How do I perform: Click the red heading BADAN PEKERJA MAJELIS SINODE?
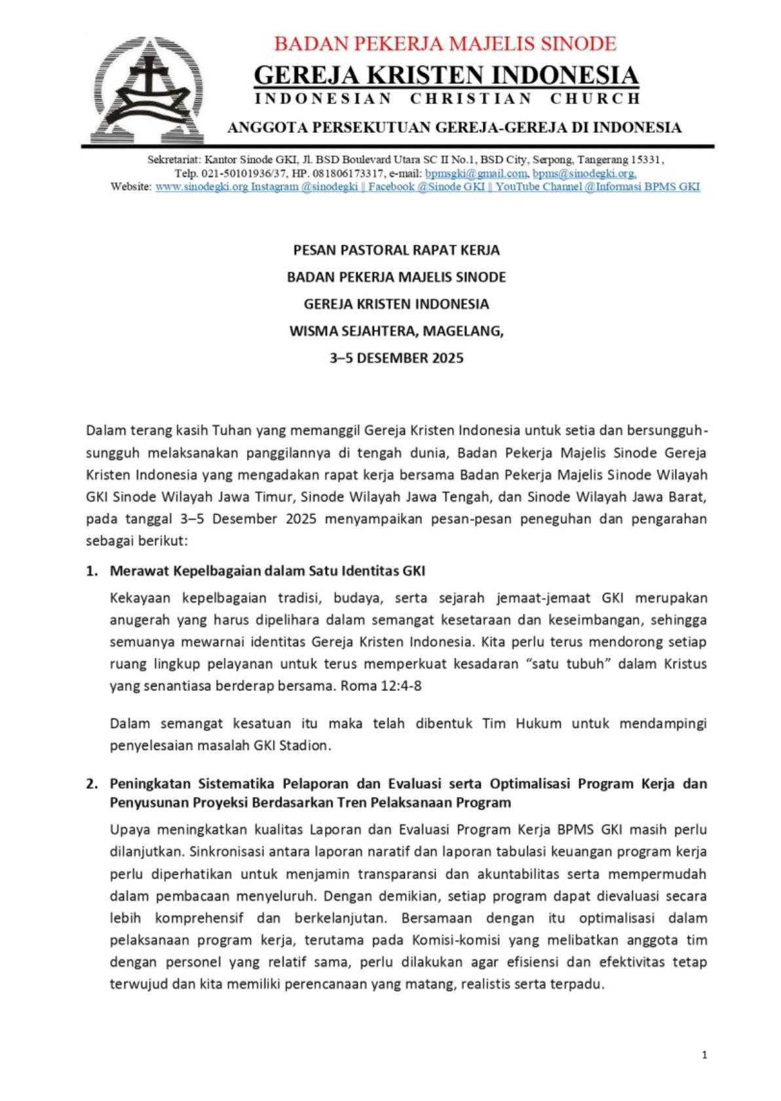click(445, 44)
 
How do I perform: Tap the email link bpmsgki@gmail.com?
click(476, 173)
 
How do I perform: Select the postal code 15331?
click(647, 160)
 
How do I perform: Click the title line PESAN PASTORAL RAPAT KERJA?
click(396, 250)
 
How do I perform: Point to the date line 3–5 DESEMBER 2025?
click(396, 358)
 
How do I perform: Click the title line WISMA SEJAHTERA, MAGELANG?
click(396, 331)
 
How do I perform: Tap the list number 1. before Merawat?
click(92, 571)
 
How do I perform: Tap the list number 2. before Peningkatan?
click(92, 784)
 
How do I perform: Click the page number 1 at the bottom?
click(704, 1055)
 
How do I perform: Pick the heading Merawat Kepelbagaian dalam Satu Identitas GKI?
click(267, 571)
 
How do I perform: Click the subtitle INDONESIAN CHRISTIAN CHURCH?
click(447, 99)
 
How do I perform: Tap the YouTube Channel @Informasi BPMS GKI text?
click(597, 187)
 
